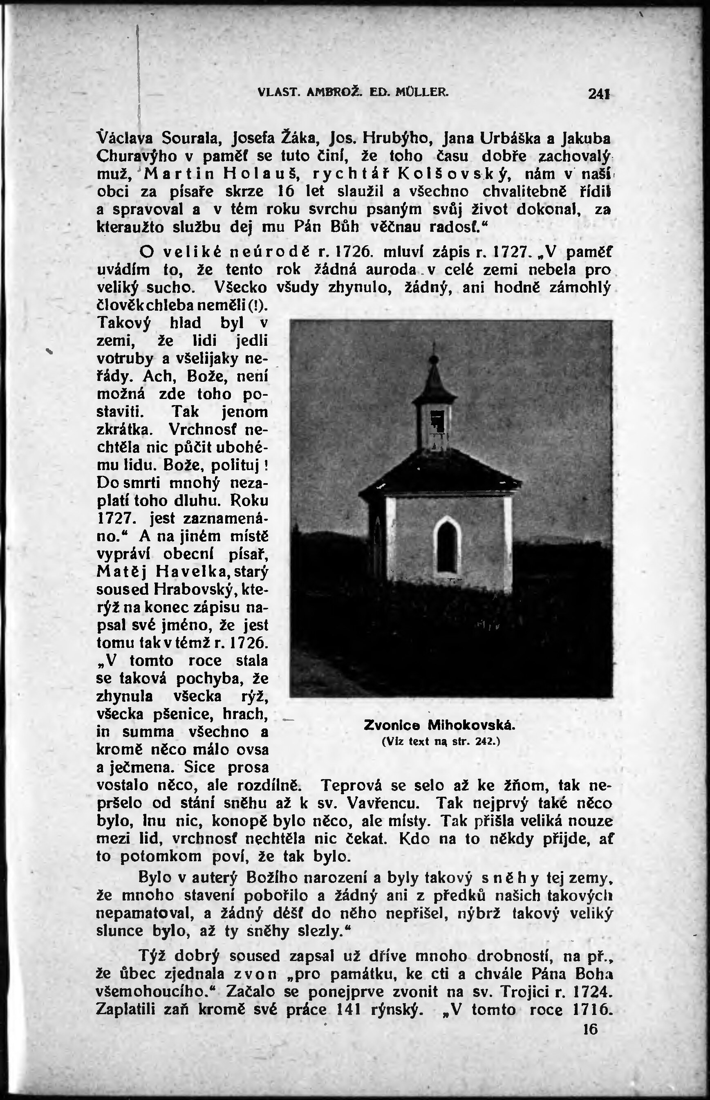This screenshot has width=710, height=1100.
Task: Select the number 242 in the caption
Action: click(x=484, y=742)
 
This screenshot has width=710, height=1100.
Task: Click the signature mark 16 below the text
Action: click(x=590, y=1029)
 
